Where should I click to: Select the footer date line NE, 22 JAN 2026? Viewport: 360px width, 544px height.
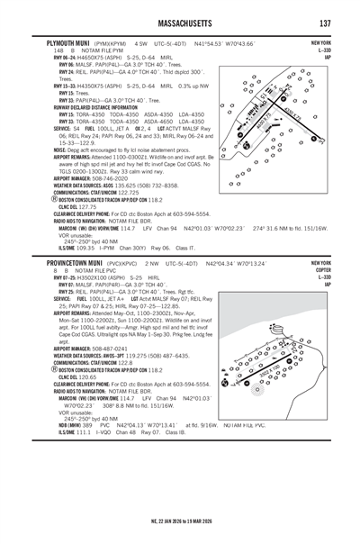point(179,521)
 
